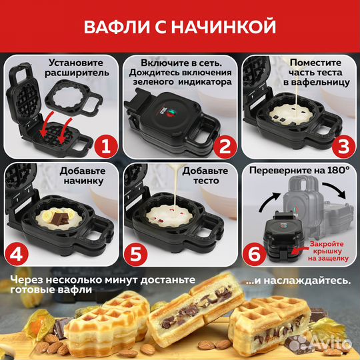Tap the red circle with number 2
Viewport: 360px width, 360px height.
point(225,143)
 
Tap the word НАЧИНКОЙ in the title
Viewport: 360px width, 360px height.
point(231,27)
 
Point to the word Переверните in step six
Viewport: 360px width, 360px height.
point(282,171)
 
